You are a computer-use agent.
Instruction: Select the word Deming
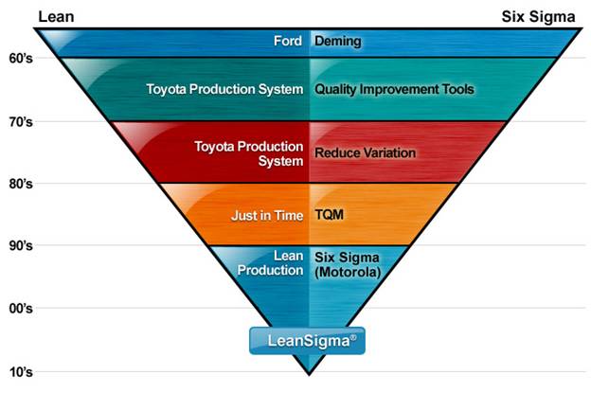point(338,42)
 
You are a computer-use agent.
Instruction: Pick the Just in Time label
point(267,215)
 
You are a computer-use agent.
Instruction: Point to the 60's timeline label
point(20,59)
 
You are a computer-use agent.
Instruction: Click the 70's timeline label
point(20,121)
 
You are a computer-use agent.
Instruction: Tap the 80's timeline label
point(20,183)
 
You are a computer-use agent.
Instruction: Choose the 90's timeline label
point(20,245)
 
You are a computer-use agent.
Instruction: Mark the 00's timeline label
point(20,308)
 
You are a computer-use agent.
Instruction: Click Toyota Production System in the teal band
point(225,89)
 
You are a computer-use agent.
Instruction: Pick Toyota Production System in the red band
point(248,152)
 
